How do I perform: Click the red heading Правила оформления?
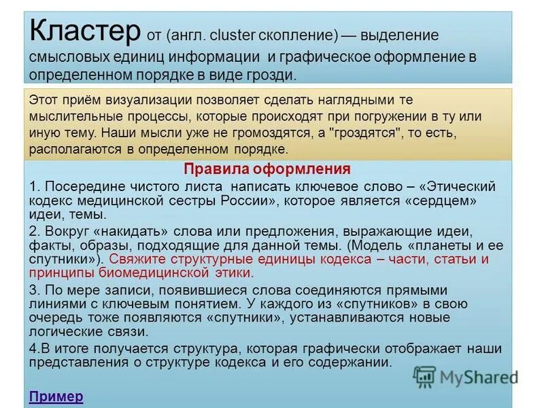pyautogui.click(x=267, y=169)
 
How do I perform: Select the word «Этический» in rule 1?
pyautogui.click(x=459, y=186)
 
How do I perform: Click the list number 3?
pyautogui.click(x=33, y=289)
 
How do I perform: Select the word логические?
pyautogui.click(x=62, y=332)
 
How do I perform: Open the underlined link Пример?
pyautogui.click(x=56, y=396)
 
